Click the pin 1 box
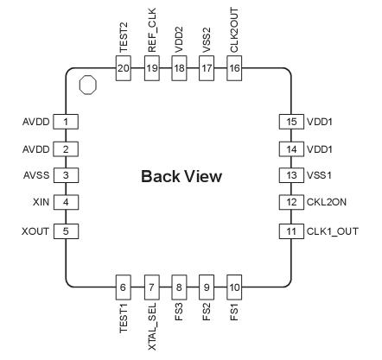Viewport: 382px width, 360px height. coord(65,122)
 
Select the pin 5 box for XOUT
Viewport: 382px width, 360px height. coord(65,231)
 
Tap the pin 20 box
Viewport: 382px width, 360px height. coord(124,67)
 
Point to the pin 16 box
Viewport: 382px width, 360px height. coord(234,67)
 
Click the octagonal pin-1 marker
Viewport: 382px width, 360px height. coord(86,85)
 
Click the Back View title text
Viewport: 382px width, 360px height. coord(181,177)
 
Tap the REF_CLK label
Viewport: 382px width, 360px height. coord(151,37)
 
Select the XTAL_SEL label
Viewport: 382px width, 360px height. coord(151,325)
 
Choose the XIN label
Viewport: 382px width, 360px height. coord(38,203)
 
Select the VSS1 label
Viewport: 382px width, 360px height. coord(322,176)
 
